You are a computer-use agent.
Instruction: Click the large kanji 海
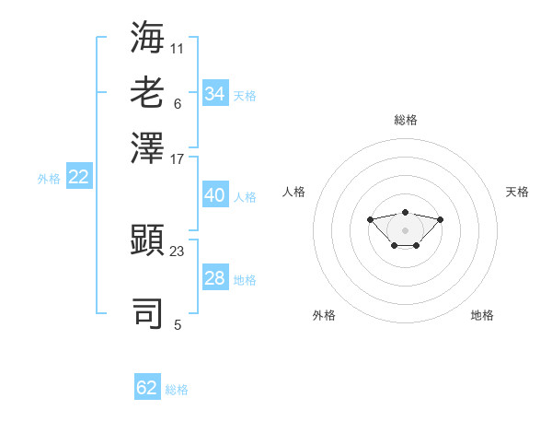click(x=147, y=37)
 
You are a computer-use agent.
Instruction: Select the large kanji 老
click(x=147, y=92)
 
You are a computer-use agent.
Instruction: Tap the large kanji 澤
click(x=147, y=147)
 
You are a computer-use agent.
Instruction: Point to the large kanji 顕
click(x=147, y=240)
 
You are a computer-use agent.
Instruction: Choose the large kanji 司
click(x=147, y=313)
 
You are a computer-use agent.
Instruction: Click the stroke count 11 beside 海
click(x=177, y=49)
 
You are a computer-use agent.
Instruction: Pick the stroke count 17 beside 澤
click(x=177, y=159)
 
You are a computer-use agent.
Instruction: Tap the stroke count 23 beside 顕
click(x=177, y=252)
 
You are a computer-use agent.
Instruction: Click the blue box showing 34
click(x=215, y=93)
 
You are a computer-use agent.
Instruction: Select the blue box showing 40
click(x=215, y=194)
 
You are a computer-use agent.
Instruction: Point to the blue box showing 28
click(x=215, y=276)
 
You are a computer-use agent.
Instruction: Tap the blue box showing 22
click(x=79, y=176)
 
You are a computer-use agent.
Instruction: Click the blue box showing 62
click(x=147, y=386)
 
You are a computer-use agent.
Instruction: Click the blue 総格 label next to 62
click(x=177, y=390)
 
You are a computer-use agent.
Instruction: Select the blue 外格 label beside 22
click(x=49, y=179)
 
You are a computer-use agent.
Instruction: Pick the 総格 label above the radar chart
click(x=406, y=120)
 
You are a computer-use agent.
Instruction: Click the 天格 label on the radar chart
click(x=517, y=192)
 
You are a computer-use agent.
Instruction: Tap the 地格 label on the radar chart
click(x=482, y=315)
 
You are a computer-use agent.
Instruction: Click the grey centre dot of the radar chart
click(x=405, y=230)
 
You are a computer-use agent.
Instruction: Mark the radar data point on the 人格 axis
click(x=370, y=219)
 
